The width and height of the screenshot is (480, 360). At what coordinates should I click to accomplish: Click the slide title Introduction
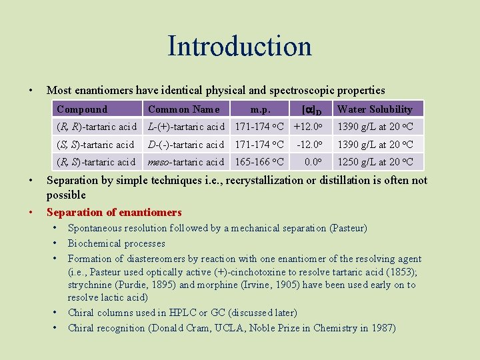pos(239,46)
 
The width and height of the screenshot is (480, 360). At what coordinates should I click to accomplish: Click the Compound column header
pos(82,109)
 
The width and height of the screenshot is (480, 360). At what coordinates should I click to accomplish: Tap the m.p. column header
pos(260,109)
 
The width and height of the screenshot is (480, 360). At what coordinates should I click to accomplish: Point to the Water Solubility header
pos(375,109)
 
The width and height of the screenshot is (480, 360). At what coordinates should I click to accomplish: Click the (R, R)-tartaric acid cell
pos(97,127)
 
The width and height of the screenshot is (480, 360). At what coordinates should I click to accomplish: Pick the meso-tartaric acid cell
pos(186,162)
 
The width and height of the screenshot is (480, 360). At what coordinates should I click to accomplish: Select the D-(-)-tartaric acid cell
pos(186,145)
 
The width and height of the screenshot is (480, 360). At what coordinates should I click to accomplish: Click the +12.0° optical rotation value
pos(308,127)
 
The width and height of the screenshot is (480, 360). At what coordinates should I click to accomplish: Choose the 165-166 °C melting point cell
pos(259,162)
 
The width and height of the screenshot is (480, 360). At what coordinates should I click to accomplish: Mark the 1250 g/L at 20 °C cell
pos(375,162)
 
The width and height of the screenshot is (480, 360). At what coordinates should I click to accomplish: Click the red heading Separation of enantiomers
pos(114,213)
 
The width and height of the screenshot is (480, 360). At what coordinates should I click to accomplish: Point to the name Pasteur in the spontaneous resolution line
pos(347,229)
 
